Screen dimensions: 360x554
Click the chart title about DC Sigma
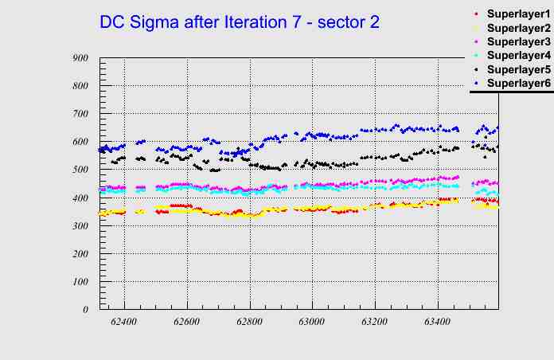tap(239, 22)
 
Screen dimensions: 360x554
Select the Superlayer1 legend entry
tap(517, 15)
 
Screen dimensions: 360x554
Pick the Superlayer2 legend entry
tap(517, 29)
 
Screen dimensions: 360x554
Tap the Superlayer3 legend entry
tap(517, 42)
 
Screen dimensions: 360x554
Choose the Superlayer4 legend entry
tap(517, 56)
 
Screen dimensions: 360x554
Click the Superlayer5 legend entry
tap(517, 69)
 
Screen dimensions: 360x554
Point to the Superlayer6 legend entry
tap(517, 83)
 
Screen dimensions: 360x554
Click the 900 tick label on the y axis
tap(80, 58)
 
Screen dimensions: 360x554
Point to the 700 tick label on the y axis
tap(80, 114)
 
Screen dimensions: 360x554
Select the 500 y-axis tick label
tap(80, 170)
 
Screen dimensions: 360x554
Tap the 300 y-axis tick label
tap(80, 225)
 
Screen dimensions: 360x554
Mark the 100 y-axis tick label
tap(80, 281)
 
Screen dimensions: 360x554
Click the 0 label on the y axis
tap(86, 309)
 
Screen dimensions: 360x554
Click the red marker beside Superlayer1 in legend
tap(476, 15)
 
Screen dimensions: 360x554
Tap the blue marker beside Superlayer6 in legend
tap(476, 83)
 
